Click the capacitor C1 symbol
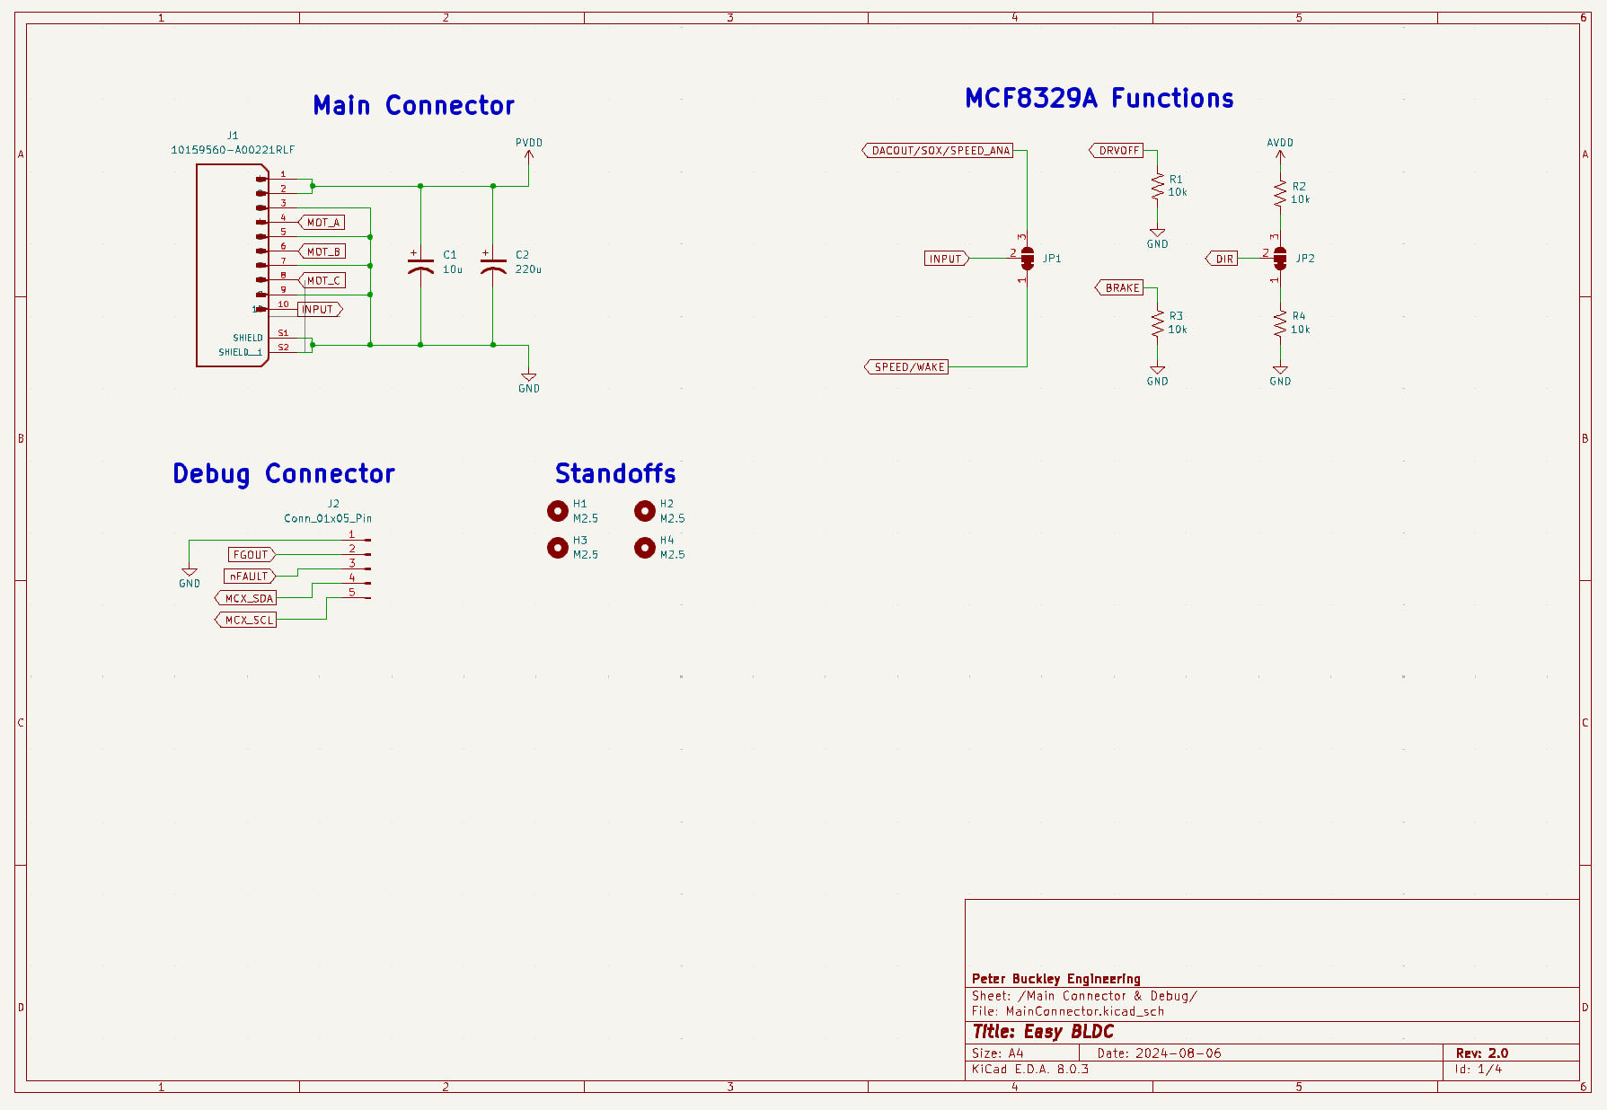tap(420, 266)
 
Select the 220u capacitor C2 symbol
tap(493, 266)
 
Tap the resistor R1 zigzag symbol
tap(1157, 187)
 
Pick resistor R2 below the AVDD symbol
tap(1280, 193)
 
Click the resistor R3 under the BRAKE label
tap(1157, 323)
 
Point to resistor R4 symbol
tap(1280, 323)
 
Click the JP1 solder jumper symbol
tap(1028, 259)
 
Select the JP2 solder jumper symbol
tap(1280, 259)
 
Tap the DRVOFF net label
tap(1117, 151)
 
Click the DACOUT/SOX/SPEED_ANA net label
tap(938, 151)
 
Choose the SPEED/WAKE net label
tap(906, 367)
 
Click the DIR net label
tap(1222, 259)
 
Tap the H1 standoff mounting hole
tap(558, 511)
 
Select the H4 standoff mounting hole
tap(645, 548)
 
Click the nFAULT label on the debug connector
tap(250, 577)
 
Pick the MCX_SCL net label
tap(246, 620)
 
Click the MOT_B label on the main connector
tap(322, 251)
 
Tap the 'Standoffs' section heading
tap(615, 473)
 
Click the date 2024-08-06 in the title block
tap(1178, 1053)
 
